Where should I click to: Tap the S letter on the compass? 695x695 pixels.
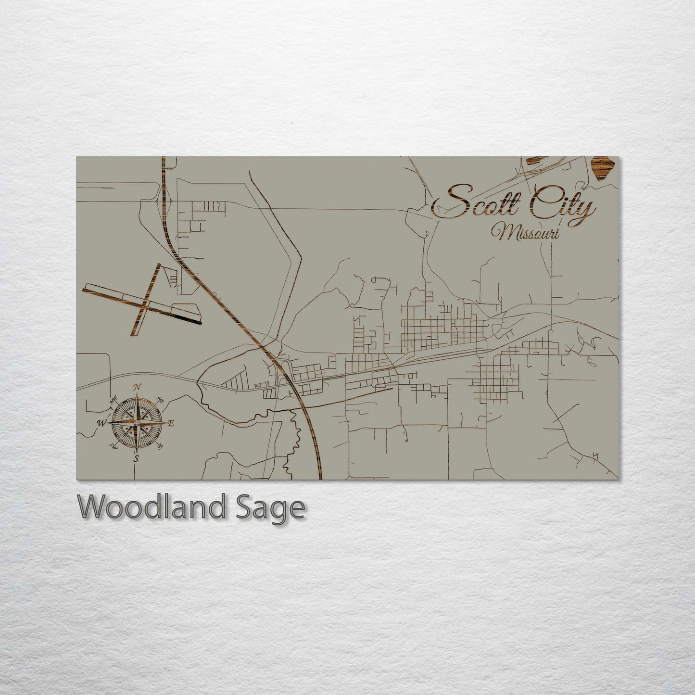coord(136,458)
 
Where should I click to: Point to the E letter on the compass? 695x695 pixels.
coord(171,423)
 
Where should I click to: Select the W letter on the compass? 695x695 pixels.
coord(101,423)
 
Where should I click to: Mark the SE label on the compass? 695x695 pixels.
coord(160,446)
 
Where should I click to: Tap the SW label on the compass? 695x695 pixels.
coord(114,446)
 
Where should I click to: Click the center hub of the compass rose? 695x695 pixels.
coord(137,423)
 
